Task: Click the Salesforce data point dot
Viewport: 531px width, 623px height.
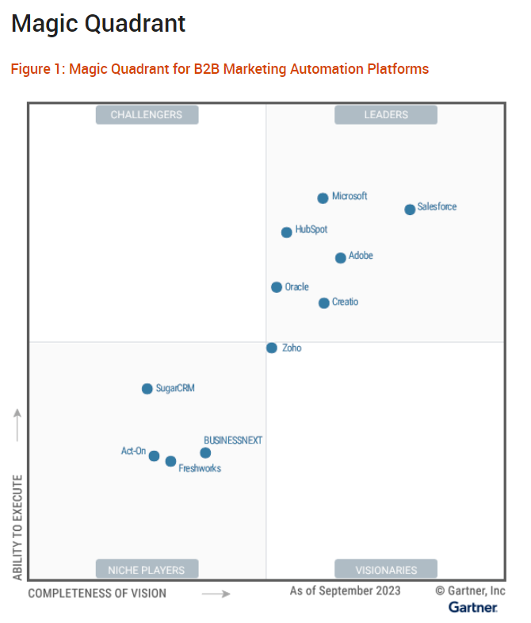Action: point(410,210)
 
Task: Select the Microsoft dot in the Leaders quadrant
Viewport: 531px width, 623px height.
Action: point(323,198)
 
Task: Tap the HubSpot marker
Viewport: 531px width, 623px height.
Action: point(286,233)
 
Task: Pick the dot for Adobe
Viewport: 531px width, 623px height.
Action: point(340,258)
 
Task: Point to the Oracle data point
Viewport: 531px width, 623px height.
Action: point(276,287)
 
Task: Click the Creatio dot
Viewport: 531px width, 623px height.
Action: point(323,303)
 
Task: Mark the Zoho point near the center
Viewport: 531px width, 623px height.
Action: point(271,348)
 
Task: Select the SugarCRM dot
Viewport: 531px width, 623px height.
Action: point(147,389)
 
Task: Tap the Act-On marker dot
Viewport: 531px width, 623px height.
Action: point(154,456)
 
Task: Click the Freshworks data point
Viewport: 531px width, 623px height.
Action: point(170,461)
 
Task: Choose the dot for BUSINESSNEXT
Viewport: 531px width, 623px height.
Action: point(205,453)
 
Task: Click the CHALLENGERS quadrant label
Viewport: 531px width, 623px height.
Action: point(147,115)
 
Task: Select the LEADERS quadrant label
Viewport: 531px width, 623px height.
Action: point(386,115)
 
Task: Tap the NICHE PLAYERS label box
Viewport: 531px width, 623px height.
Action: point(147,569)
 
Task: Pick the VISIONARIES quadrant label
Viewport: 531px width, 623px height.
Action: point(386,569)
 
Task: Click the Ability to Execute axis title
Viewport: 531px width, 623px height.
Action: point(17,527)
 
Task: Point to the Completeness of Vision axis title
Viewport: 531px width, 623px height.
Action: point(97,593)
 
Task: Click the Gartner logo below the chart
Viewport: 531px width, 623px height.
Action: point(473,607)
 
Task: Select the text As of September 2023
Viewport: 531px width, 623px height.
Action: point(345,590)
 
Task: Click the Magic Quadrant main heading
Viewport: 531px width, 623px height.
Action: point(98,24)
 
